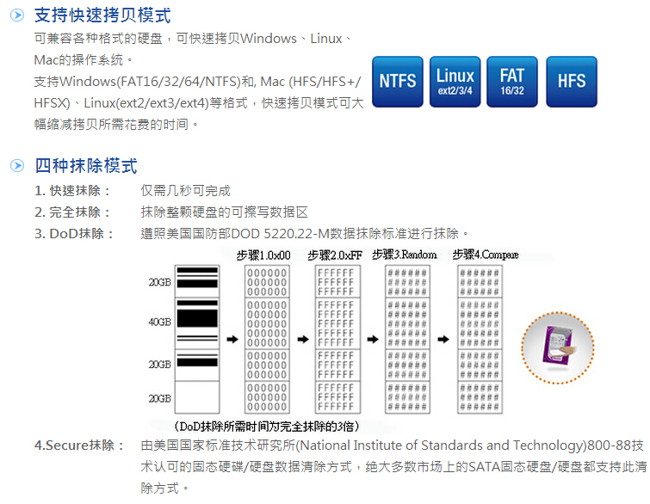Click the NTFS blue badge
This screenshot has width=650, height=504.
397,81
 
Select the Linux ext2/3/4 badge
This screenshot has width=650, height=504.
455,81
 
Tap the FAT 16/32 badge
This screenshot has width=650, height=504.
512,81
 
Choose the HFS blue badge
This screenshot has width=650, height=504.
571,81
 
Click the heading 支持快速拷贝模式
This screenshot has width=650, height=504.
102,15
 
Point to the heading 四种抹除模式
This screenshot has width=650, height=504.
85,166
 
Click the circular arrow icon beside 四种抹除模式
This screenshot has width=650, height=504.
16,166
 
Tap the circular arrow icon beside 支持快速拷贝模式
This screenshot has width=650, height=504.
16,15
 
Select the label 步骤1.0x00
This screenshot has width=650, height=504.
263,255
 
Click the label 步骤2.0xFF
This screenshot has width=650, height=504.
335,255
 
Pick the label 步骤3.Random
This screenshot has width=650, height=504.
405,255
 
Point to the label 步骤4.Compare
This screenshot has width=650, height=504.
486,255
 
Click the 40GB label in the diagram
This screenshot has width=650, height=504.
159,322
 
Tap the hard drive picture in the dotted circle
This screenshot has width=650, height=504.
560,347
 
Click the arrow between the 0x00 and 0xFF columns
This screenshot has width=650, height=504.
302,339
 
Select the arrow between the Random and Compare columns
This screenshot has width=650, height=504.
443,339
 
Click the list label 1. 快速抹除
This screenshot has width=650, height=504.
73,191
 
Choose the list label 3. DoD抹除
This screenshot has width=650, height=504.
75,234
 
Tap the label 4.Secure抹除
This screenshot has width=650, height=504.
74,446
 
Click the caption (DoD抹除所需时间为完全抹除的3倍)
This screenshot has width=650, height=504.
266,426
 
